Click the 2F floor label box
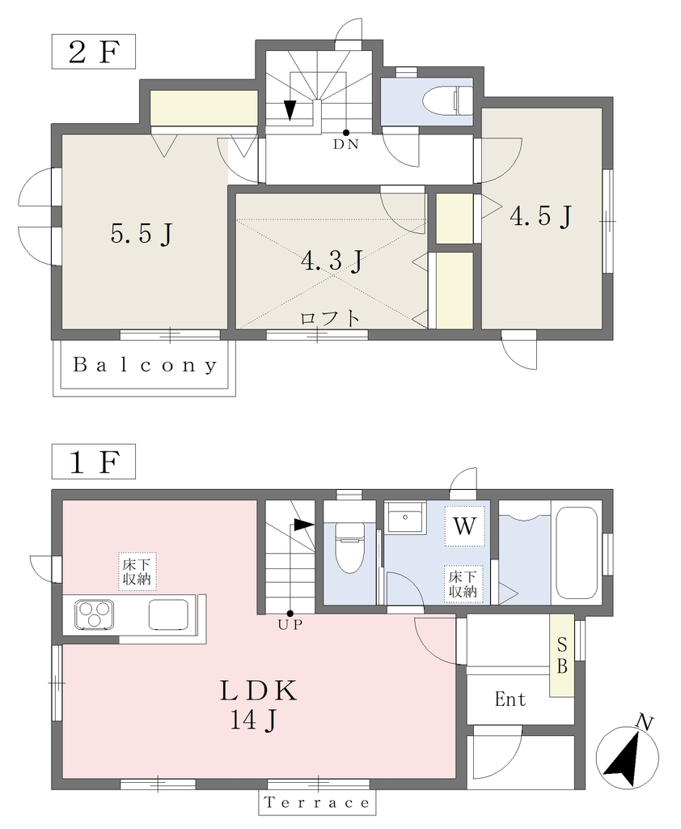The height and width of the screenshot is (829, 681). pyautogui.click(x=94, y=51)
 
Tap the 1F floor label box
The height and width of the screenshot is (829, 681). pyautogui.click(x=94, y=461)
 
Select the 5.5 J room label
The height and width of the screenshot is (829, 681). pyautogui.click(x=142, y=233)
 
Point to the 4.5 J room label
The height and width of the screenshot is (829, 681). pyautogui.click(x=540, y=215)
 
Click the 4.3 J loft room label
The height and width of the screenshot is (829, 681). pyautogui.click(x=332, y=261)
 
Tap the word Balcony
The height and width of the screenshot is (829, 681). pyautogui.click(x=145, y=365)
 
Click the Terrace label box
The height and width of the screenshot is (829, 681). pyautogui.click(x=317, y=803)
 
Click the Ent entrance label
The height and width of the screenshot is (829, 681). pyautogui.click(x=510, y=699)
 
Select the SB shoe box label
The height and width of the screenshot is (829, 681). pyautogui.click(x=562, y=656)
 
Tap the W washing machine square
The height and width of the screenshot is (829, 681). pyautogui.click(x=464, y=526)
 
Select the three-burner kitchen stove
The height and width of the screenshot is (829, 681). pyautogui.click(x=94, y=614)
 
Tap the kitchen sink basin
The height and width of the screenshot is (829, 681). pyautogui.click(x=168, y=614)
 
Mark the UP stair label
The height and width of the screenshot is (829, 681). pyautogui.click(x=290, y=625)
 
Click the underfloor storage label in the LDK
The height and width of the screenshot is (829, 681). pyautogui.click(x=137, y=572)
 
